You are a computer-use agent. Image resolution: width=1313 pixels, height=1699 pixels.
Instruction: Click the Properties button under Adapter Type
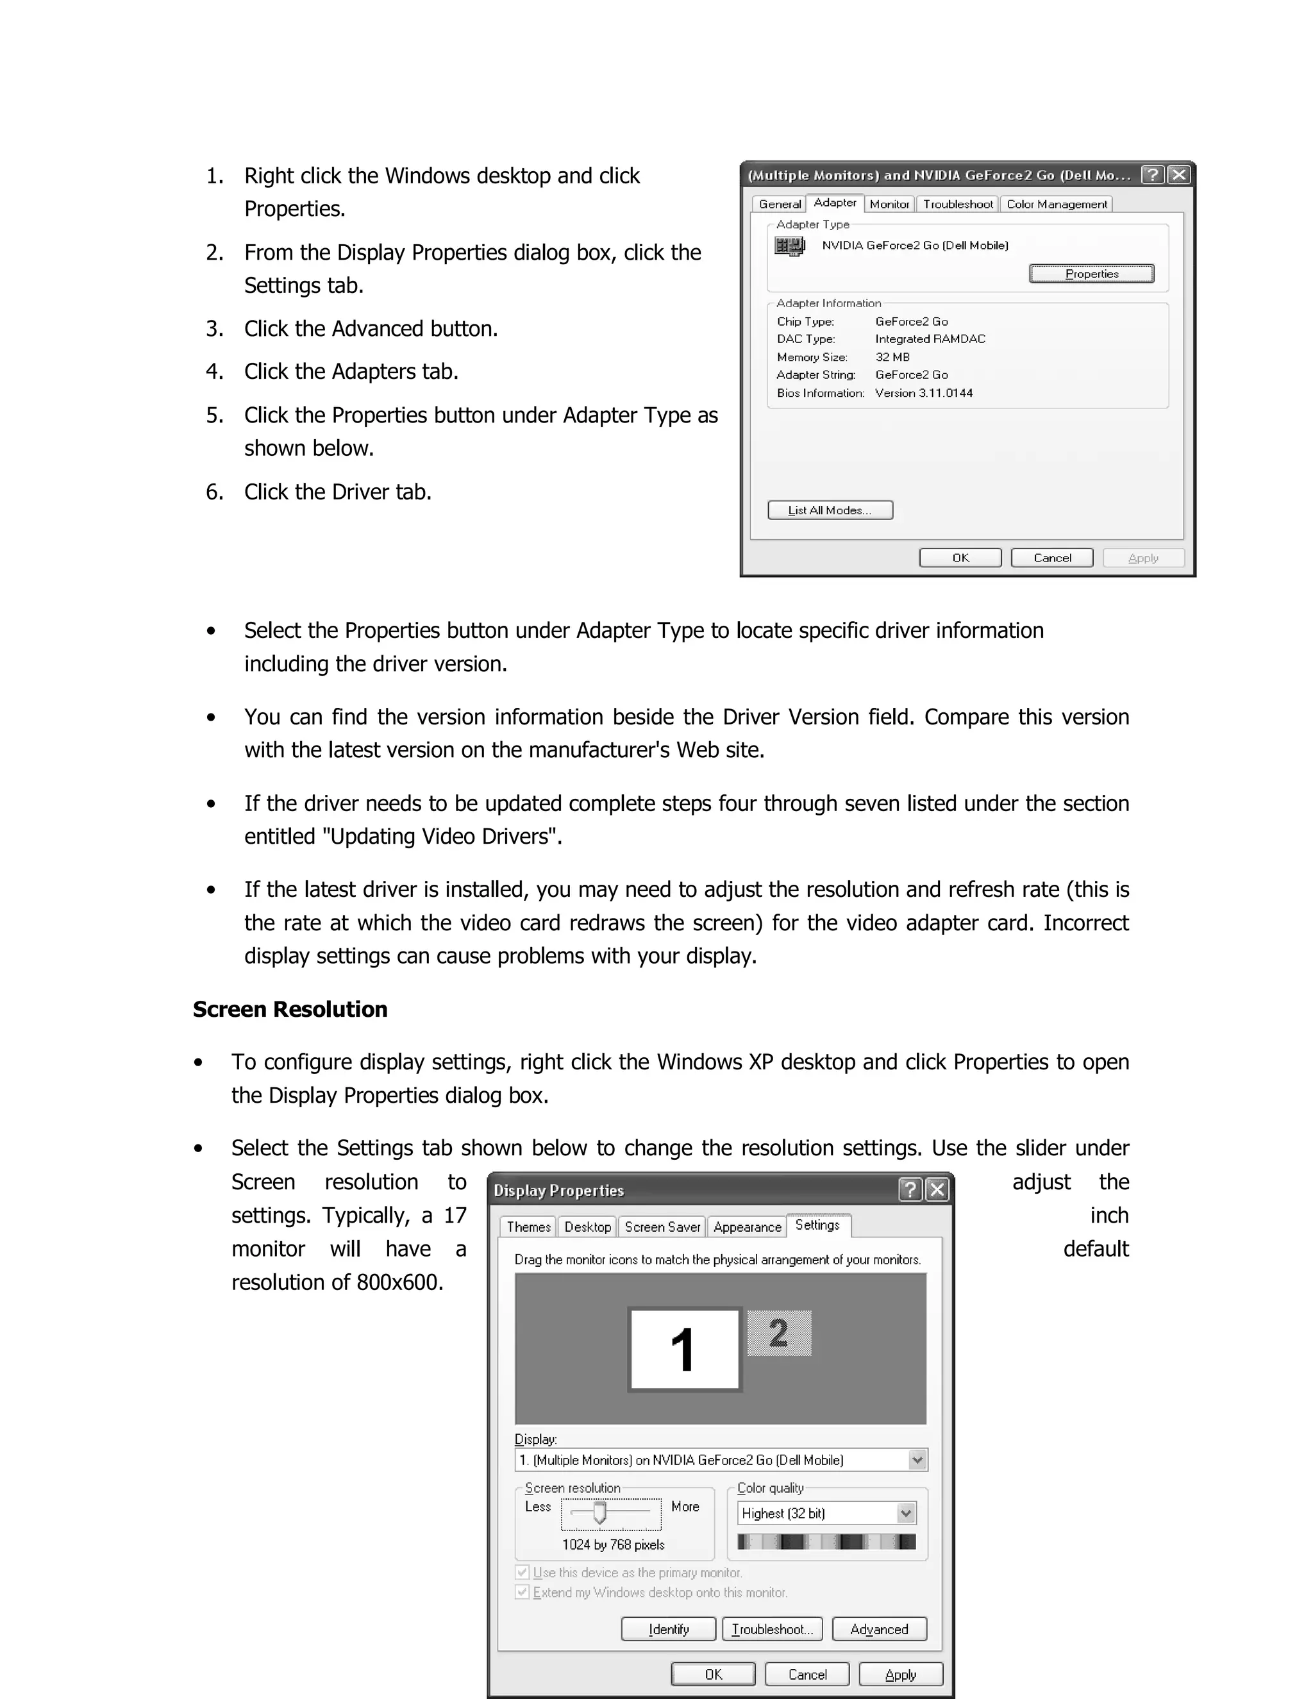pos(1091,274)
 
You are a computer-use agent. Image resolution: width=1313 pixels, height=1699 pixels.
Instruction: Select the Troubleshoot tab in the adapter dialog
pos(958,204)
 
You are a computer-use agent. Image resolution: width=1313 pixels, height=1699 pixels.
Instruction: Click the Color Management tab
pos(1057,204)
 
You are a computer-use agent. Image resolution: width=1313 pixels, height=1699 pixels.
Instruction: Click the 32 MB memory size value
pos(892,357)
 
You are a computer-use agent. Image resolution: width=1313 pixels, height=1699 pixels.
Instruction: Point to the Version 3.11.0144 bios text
pos(923,393)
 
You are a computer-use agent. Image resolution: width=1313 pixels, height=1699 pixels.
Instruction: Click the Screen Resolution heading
pos(289,1010)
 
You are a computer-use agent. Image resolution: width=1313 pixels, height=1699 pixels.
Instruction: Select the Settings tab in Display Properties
pos(817,1225)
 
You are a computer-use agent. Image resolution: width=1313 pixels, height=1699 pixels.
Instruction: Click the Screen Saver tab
pos(662,1226)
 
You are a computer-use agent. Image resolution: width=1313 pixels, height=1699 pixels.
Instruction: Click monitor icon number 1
pos(683,1350)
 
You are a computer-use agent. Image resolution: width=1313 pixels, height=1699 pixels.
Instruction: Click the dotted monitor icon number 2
pos(778,1334)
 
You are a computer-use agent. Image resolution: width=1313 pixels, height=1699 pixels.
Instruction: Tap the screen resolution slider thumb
pos(599,1512)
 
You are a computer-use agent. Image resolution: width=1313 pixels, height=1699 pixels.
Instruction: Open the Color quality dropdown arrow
pos(905,1513)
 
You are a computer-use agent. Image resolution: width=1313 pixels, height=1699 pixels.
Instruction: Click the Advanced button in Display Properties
pos(879,1629)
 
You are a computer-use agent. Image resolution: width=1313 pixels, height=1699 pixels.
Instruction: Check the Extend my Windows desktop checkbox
pos(523,1593)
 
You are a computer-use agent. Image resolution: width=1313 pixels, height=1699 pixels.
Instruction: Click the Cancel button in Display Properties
pos(807,1674)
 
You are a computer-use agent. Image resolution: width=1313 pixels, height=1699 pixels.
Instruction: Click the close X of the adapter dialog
pos(1179,174)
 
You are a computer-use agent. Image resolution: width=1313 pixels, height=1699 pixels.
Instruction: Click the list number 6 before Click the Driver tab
pos(214,492)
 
